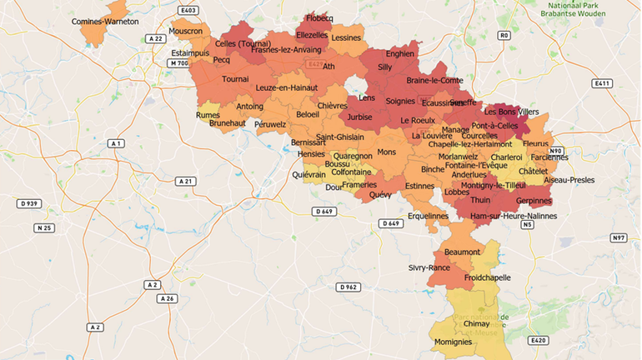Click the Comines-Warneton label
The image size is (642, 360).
[105, 21]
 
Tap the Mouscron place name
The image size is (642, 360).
[185, 31]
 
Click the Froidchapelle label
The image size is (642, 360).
[488, 277]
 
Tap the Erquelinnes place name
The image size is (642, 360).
[428, 216]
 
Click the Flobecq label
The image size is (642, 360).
[320, 17]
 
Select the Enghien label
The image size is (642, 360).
[400, 53]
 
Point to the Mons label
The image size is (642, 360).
[387, 152]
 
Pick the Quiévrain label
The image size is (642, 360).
[309, 175]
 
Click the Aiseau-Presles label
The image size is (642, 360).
[569, 179]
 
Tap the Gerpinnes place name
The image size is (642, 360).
[534, 202]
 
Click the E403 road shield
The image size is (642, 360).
[188, 11]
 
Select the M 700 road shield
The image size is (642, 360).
[178, 63]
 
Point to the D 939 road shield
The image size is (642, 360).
[29, 203]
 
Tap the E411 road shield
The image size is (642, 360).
[602, 83]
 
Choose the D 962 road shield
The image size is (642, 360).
[349, 287]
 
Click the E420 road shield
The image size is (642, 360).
[538, 340]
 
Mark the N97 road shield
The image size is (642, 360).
[618, 238]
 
